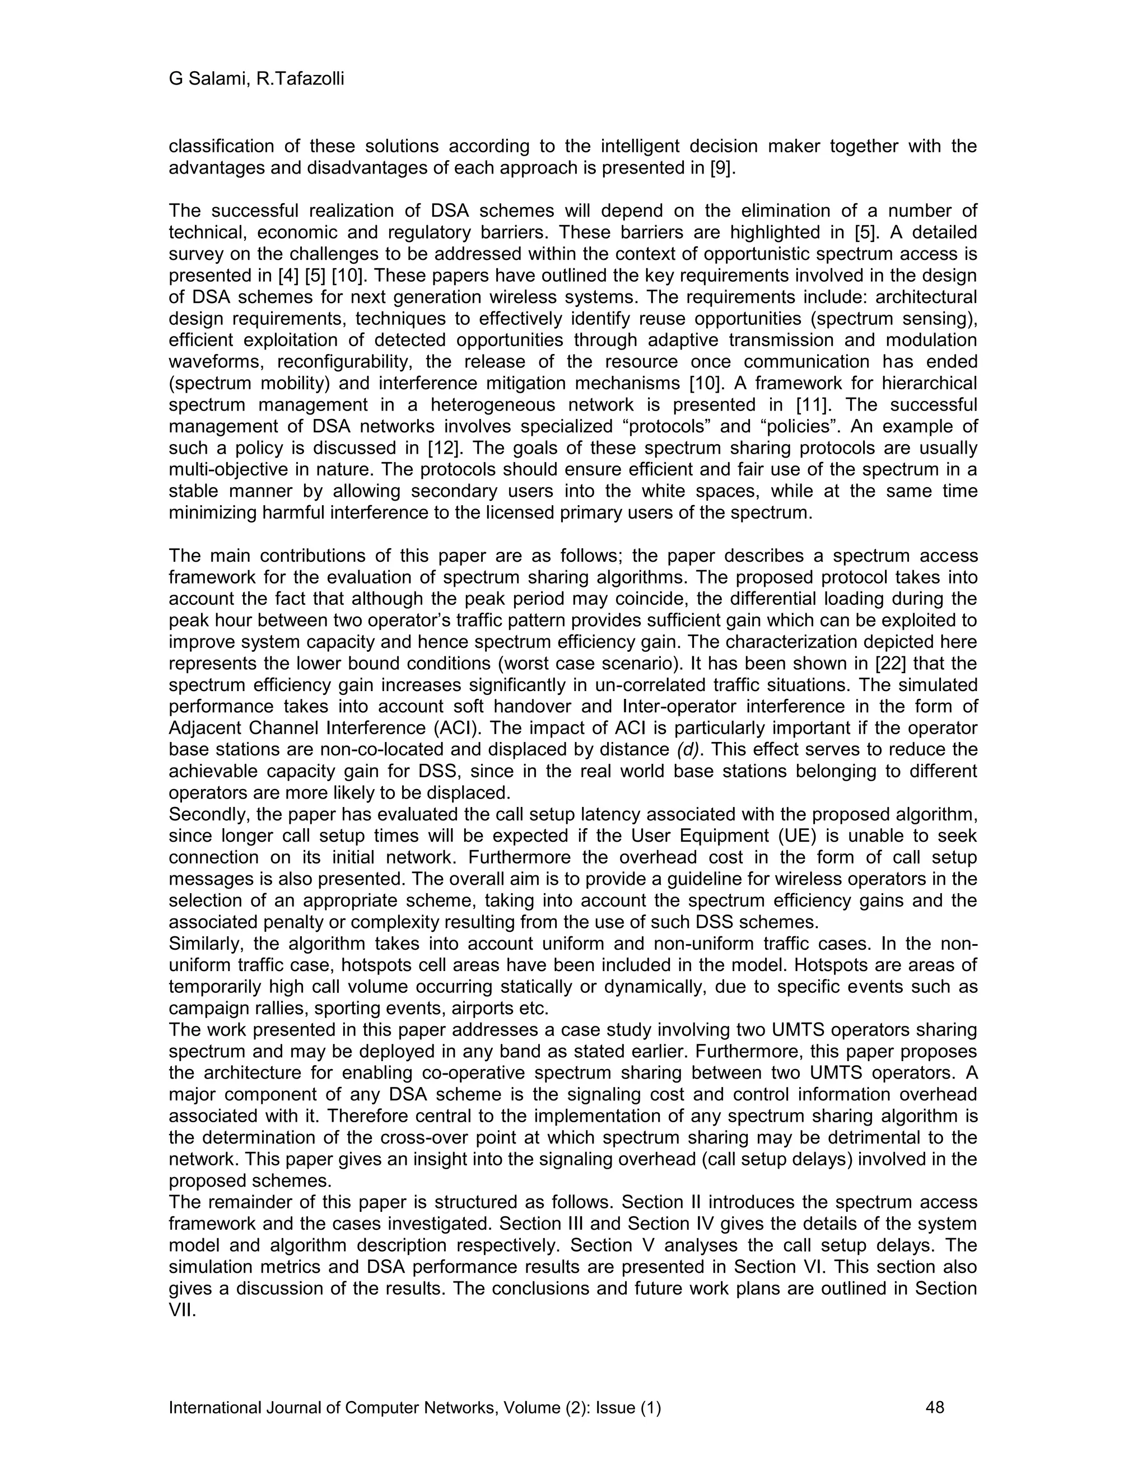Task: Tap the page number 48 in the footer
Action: coord(935,1407)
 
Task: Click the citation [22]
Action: coord(882,663)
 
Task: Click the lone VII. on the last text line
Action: coord(181,1311)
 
